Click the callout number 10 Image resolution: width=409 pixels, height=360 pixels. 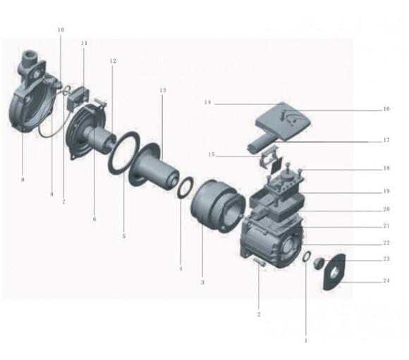61,30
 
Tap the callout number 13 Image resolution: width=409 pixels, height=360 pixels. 163,90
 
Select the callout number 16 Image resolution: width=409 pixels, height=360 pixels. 386,108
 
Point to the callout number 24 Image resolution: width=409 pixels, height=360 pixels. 386,280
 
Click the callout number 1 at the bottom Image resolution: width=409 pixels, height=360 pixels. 306,340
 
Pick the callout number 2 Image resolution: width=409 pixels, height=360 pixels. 259,314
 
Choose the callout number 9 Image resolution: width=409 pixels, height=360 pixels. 23,180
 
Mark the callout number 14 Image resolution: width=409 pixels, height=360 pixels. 207,102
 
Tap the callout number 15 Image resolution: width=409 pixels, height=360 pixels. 212,154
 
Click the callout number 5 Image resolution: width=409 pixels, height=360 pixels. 124,236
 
